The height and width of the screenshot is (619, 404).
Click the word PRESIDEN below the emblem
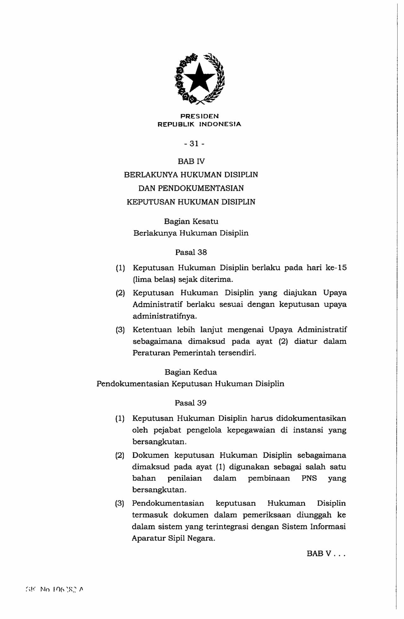click(x=199, y=116)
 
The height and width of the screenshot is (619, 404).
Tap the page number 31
click(x=194, y=144)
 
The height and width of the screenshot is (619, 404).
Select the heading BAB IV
click(x=191, y=161)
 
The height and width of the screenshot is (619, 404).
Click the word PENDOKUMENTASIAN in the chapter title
click(x=201, y=188)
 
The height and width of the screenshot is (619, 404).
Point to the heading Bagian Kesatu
click(x=191, y=221)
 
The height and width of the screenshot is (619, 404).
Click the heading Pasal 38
click(x=191, y=252)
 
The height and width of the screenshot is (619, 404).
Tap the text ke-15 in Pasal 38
click(x=336, y=268)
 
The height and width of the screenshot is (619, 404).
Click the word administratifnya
click(x=164, y=316)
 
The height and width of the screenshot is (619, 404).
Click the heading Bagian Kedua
click(x=191, y=372)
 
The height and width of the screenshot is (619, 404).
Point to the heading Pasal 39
click(x=190, y=403)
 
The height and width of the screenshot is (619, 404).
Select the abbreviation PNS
click(x=309, y=478)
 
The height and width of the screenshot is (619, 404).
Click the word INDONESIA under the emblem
click(x=220, y=124)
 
